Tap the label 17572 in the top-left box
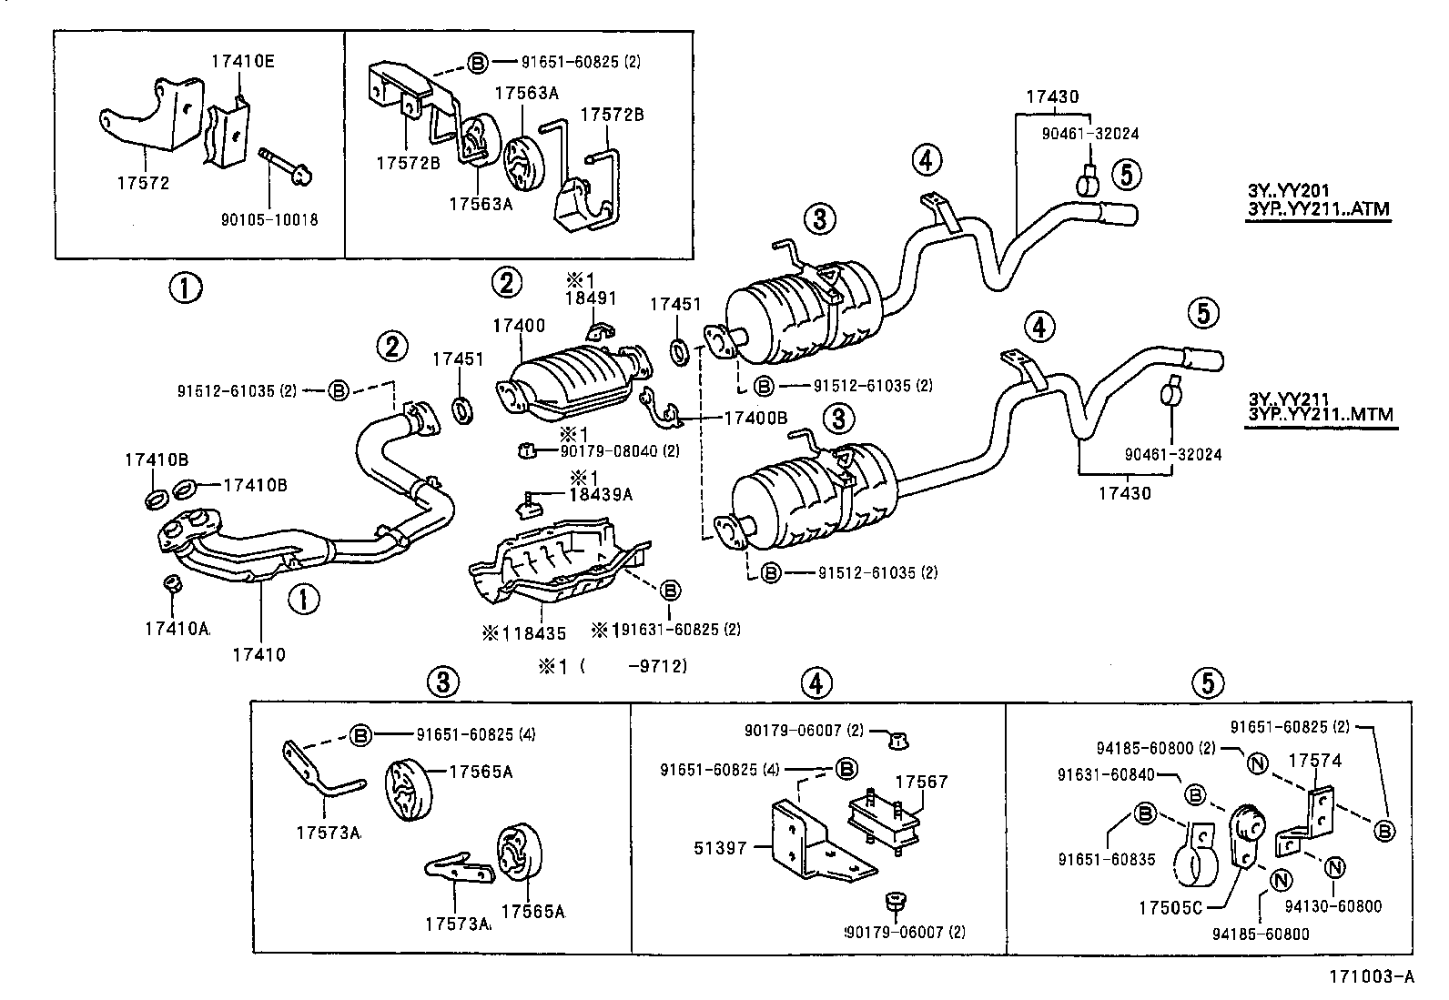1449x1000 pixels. click(143, 183)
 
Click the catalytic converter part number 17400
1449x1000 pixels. click(519, 325)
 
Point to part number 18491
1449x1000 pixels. click(591, 298)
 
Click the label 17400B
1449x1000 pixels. click(755, 418)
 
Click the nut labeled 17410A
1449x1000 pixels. click(177, 628)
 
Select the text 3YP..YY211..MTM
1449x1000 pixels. click(1320, 415)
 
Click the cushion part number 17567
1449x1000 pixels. click(921, 781)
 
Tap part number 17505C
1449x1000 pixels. click(1170, 907)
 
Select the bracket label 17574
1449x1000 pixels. click(1315, 761)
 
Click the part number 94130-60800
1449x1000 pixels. click(1334, 906)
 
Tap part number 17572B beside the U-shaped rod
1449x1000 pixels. click(612, 115)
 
